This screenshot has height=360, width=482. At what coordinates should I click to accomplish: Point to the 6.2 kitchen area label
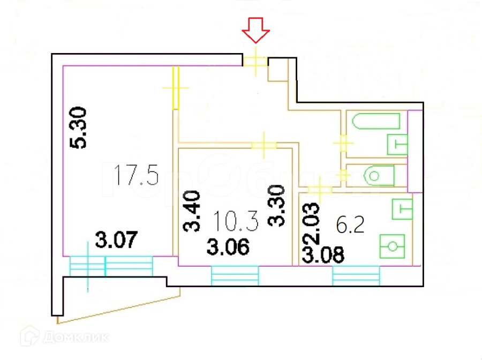point(350,224)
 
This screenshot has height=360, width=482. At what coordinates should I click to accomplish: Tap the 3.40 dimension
point(192,212)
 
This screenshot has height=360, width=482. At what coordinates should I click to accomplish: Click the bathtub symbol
point(376,122)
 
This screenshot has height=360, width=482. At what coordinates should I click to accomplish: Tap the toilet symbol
point(378,175)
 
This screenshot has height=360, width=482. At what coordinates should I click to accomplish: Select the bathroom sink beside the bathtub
point(396,144)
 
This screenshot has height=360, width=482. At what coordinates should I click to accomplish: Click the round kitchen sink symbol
point(393,246)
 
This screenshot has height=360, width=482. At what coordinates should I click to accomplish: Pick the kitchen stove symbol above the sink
point(403,209)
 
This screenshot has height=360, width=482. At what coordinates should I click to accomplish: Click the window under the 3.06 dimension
point(235,276)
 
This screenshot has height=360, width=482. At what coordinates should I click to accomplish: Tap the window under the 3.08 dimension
point(356,276)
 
